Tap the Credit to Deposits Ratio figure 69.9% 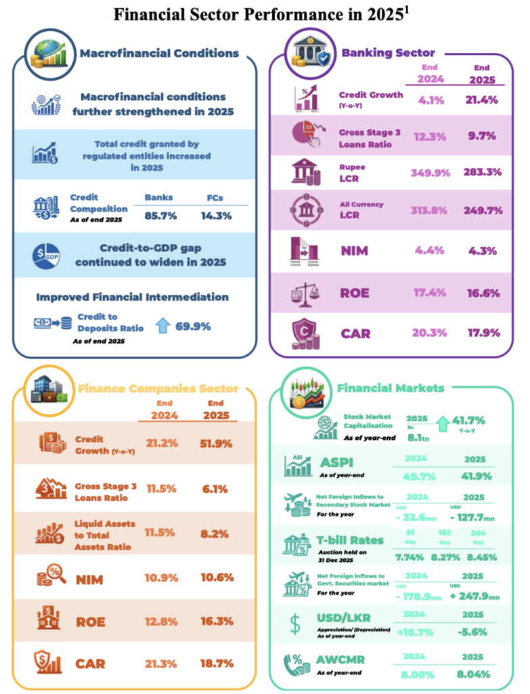pyautogui.click(x=193, y=327)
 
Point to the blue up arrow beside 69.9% pyautogui.click(x=162, y=326)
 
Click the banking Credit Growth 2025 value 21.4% pyautogui.click(x=481, y=100)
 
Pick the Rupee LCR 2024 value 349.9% pyautogui.click(x=430, y=172)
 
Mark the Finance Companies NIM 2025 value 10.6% pyautogui.click(x=217, y=577)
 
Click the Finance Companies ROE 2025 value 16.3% pyautogui.click(x=217, y=620)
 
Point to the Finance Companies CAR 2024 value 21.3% pyautogui.click(x=160, y=663)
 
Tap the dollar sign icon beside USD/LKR pyautogui.click(x=295, y=624)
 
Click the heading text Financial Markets pyautogui.click(x=391, y=388)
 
